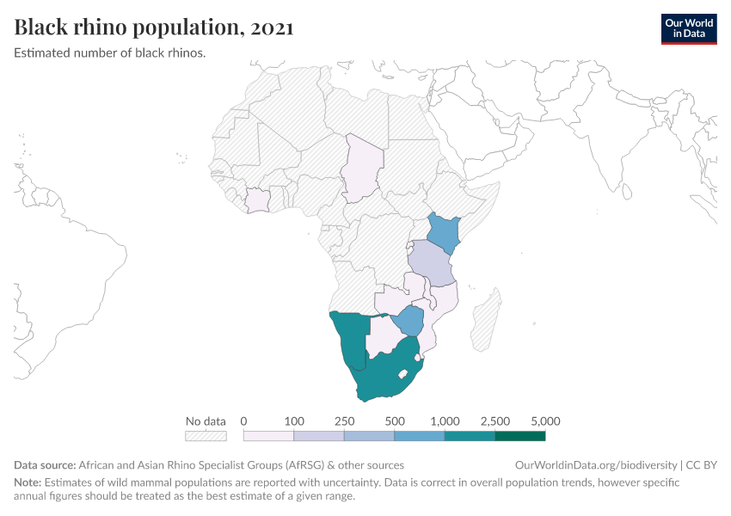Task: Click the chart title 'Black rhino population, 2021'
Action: click(x=154, y=28)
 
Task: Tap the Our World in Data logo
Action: click(x=688, y=28)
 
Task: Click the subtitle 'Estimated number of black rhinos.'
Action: click(x=110, y=52)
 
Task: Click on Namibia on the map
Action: click(x=351, y=340)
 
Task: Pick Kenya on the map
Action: click(x=445, y=230)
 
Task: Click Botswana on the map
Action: click(x=382, y=335)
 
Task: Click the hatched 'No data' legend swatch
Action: click(x=206, y=436)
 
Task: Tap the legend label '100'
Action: click(x=294, y=421)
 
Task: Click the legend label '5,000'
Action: click(x=545, y=421)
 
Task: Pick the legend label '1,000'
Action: click(x=445, y=421)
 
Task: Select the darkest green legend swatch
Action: click(x=520, y=436)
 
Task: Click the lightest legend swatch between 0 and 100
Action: click(x=269, y=436)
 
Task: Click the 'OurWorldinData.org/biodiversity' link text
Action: click(x=595, y=464)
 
